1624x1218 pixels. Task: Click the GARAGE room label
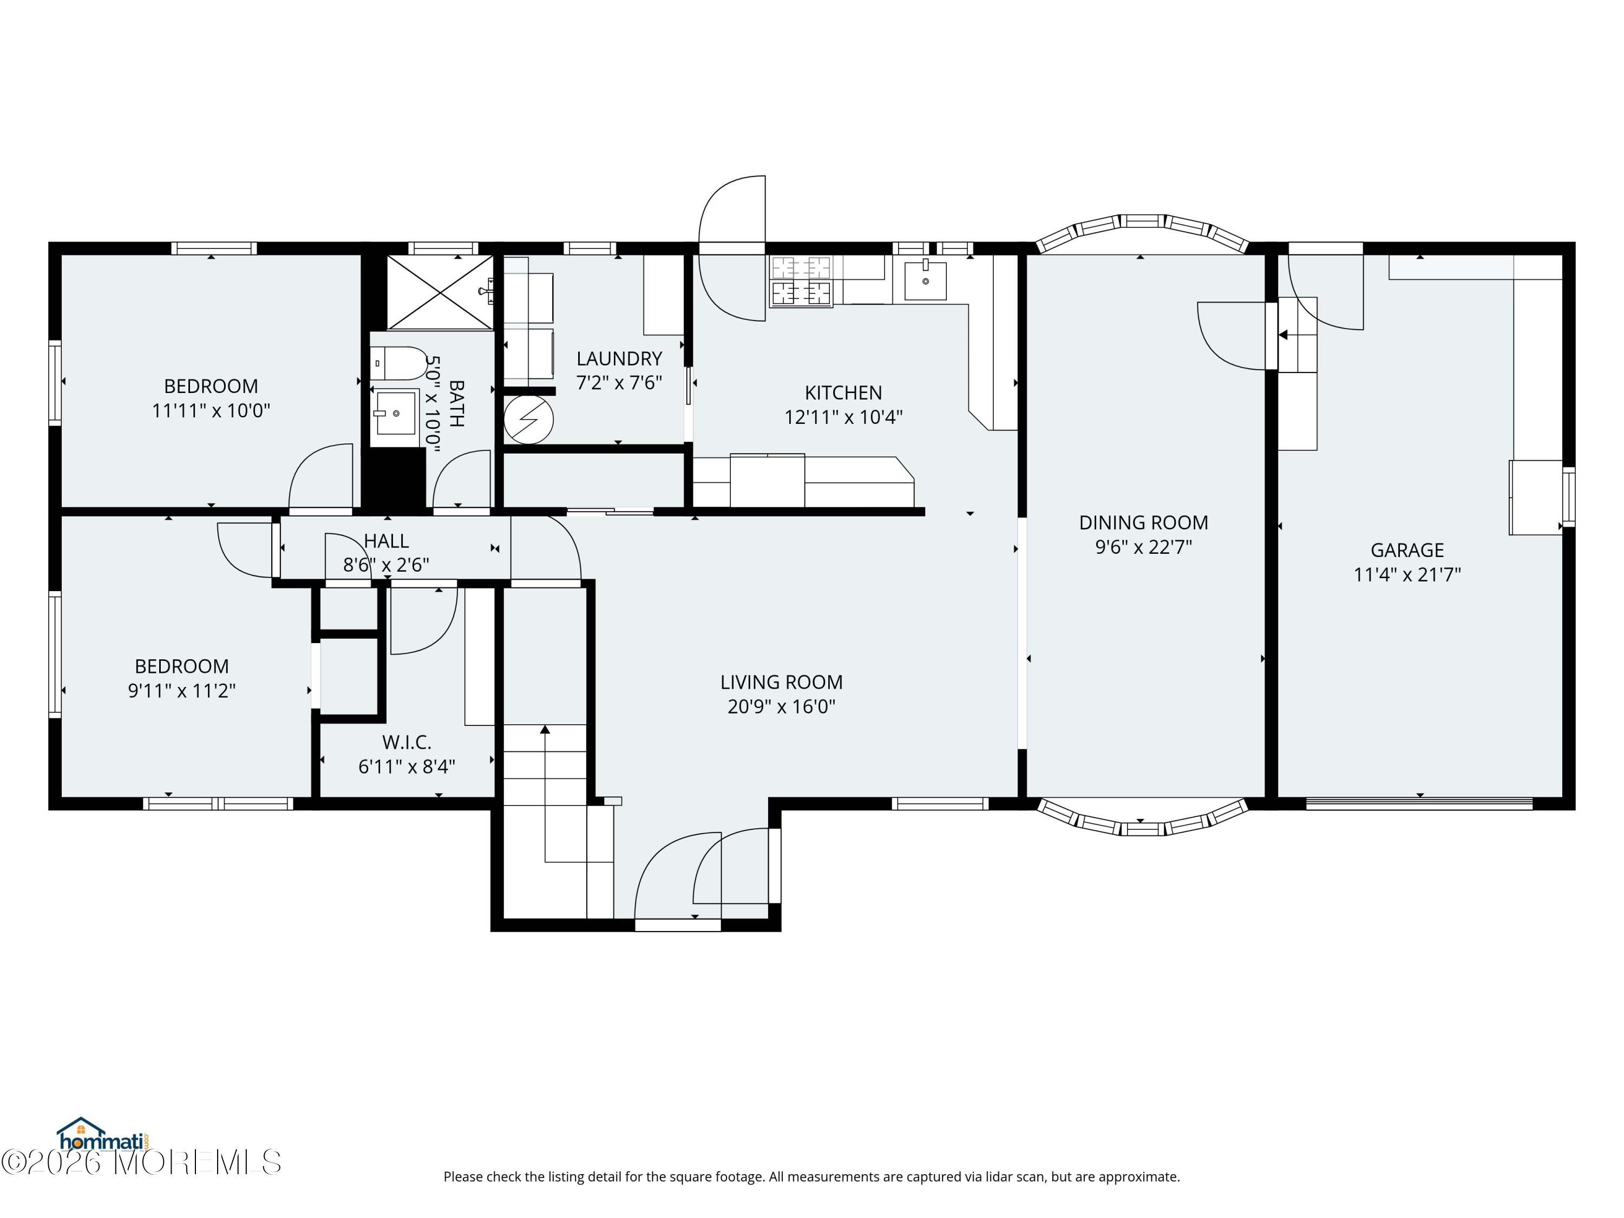click(1407, 550)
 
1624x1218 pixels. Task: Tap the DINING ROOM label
click(1143, 523)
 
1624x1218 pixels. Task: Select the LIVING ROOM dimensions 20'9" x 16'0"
click(781, 706)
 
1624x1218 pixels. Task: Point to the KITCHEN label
click(843, 393)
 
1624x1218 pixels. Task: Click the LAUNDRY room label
click(619, 358)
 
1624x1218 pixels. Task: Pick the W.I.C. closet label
click(407, 742)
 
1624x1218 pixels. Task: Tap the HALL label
click(386, 541)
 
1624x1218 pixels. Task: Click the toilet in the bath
click(398, 363)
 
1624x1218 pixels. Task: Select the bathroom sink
click(395, 414)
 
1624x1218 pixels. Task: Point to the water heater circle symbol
click(528, 420)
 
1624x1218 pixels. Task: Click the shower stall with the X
click(440, 292)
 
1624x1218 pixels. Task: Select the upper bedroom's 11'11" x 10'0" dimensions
click(211, 410)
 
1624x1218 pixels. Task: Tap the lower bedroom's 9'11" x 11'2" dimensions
click(181, 691)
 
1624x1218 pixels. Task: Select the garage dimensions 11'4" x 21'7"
click(1407, 574)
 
